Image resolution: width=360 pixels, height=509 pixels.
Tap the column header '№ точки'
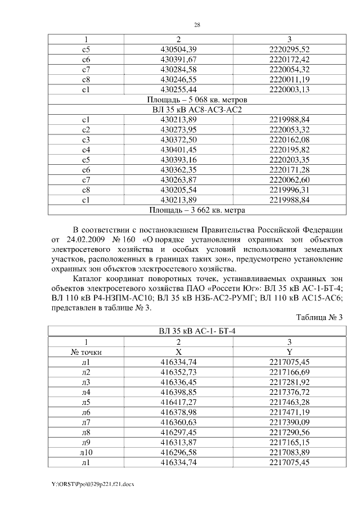[85, 352]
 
